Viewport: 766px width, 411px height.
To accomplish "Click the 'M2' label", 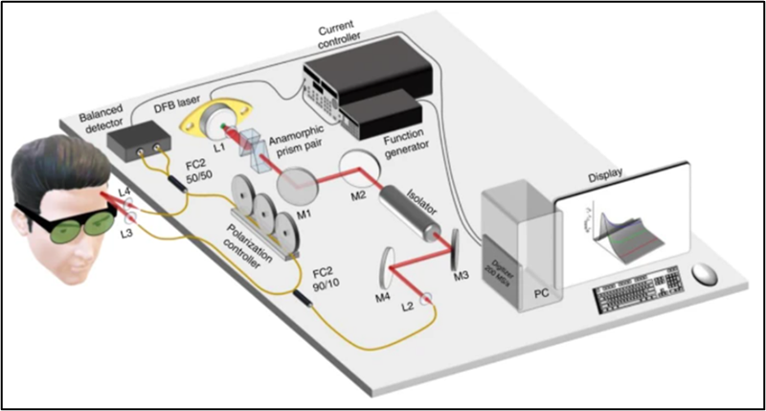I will tap(359, 196).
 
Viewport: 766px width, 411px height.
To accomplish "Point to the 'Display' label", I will tap(600, 173).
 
